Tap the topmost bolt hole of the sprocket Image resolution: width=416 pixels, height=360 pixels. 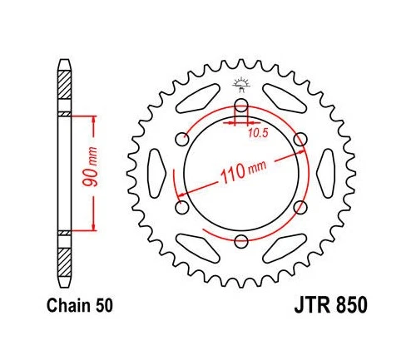[x=240, y=106]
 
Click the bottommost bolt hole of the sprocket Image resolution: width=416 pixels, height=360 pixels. [x=240, y=242]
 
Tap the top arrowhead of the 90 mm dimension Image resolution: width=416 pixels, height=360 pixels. [x=93, y=119]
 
